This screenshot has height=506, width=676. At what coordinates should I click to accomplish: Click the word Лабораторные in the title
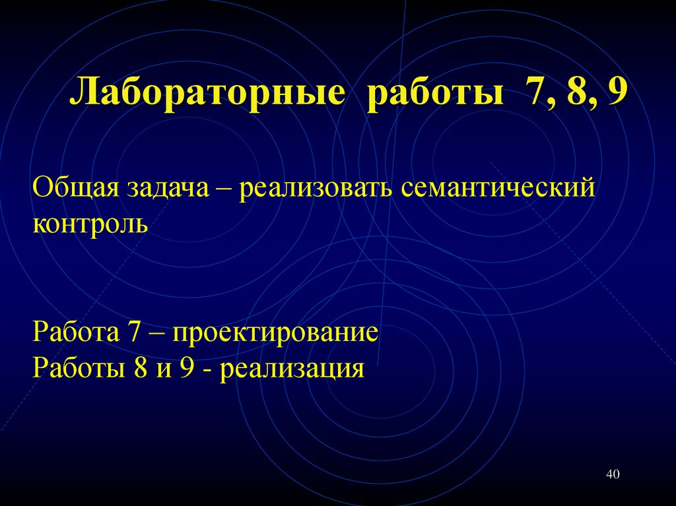[x=207, y=94]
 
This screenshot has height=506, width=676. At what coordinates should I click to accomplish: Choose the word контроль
[x=90, y=224]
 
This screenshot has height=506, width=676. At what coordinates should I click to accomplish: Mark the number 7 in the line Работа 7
[x=129, y=331]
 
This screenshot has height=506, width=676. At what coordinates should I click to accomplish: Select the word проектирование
[x=275, y=332]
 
